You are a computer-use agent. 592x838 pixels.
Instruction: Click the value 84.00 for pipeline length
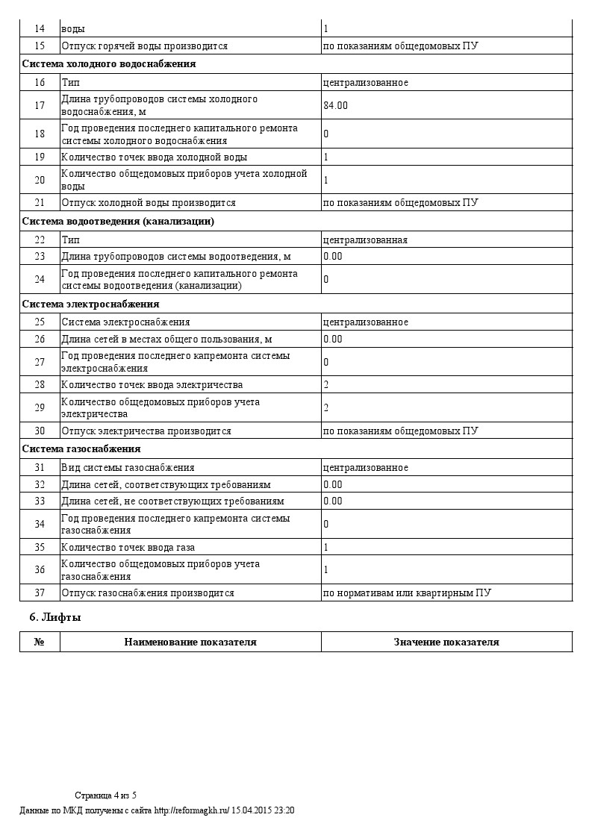click(x=335, y=105)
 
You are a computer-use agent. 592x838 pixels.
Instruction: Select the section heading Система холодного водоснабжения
click(x=109, y=64)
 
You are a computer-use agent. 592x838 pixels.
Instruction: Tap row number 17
click(x=40, y=105)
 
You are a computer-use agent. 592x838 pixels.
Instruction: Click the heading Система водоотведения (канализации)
click(x=118, y=222)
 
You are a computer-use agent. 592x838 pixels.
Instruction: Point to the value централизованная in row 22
click(x=365, y=240)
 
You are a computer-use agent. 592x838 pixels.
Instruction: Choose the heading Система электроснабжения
click(x=90, y=304)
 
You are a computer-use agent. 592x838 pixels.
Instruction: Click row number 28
click(x=40, y=385)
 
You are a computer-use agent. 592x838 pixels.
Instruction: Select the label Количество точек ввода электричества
click(x=152, y=385)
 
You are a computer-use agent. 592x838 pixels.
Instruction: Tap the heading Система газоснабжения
click(x=81, y=449)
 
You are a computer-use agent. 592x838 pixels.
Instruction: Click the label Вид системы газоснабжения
click(x=128, y=468)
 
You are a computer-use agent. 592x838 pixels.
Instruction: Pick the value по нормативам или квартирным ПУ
click(x=407, y=593)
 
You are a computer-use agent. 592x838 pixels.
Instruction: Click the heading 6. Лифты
click(x=54, y=618)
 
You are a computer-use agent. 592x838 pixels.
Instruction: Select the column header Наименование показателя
click(x=190, y=642)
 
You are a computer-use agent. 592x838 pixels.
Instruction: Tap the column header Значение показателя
click(x=446, y=642)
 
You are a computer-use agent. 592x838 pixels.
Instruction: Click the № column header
click(x=40, y=642)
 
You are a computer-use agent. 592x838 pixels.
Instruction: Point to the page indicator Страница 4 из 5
click(x=105, y=795)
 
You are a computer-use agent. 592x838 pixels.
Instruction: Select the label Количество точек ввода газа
click(x=128, y=547)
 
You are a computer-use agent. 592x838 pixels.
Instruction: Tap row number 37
click(x=40, y=593)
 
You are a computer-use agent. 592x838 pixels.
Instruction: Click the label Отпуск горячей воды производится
click(x=144, y=46)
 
